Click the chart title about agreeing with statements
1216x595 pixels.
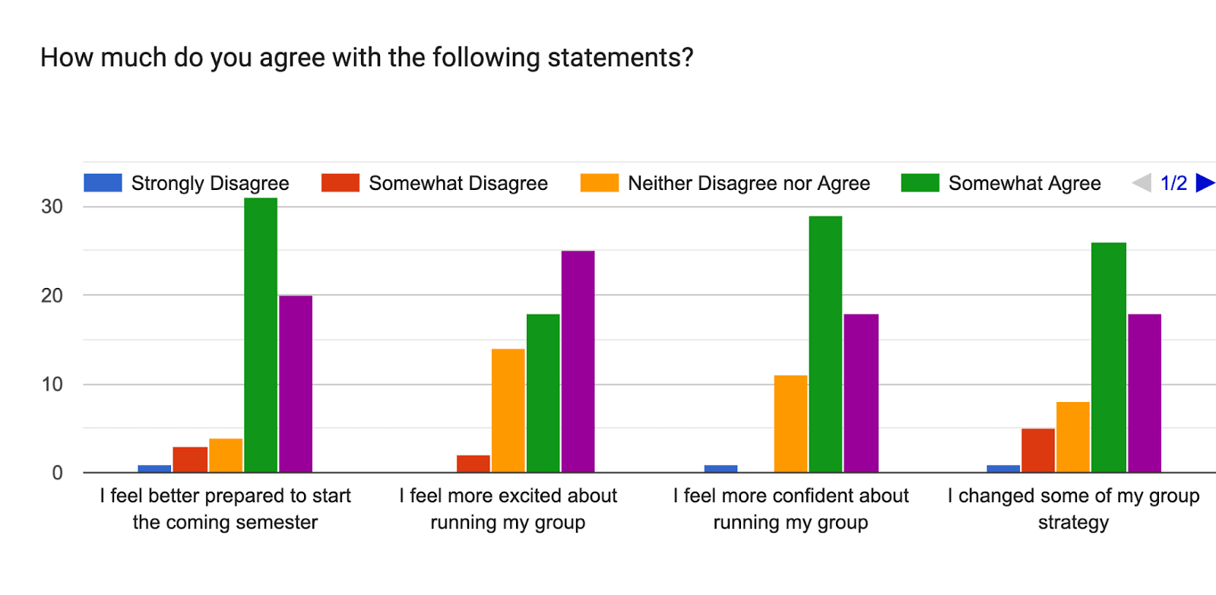pos(367,58)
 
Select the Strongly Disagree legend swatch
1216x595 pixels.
pos(103,183)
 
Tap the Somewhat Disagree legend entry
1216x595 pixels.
pos(434,183)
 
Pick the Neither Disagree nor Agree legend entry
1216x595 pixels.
pos(725,183)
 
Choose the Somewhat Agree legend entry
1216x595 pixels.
pos(1000,183)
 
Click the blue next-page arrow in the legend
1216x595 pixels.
pos(1205,183)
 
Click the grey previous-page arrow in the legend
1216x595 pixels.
pos(1142,183)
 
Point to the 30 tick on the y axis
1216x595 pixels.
pos(52,207)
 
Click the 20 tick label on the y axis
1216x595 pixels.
pos(52,296)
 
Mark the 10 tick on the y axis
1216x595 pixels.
pos(52,385)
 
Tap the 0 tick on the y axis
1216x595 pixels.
pos(58,473)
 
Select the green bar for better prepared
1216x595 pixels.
pos(261,335)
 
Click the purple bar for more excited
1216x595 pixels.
pos(578,362)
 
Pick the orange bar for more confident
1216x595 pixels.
pos(790,424)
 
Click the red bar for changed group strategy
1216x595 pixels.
pos(1038,451)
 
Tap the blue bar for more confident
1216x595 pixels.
pos(721,469)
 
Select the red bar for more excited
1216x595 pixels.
pos(473,464)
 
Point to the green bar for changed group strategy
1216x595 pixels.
pos(1109,357)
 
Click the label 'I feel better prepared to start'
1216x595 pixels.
pos(225,496)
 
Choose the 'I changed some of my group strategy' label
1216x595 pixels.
pos(1073,509)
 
